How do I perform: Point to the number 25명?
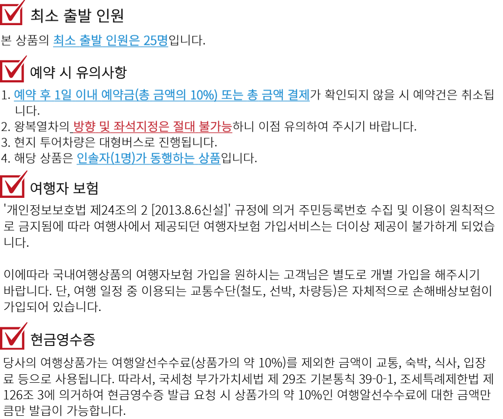click(x=156, y=41)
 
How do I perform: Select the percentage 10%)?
click(x=204, y=95)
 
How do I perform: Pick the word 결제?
click(x=299, y=95)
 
